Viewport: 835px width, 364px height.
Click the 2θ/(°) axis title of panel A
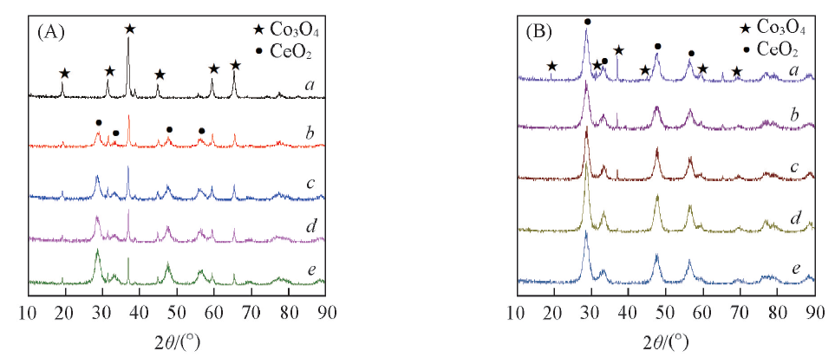tap(179, 340)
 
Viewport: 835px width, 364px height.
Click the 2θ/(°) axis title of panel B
tap(666, 340)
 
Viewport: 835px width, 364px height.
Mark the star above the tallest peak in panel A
tap(129, 29)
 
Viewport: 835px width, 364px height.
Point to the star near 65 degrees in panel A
tap(235, 65)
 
